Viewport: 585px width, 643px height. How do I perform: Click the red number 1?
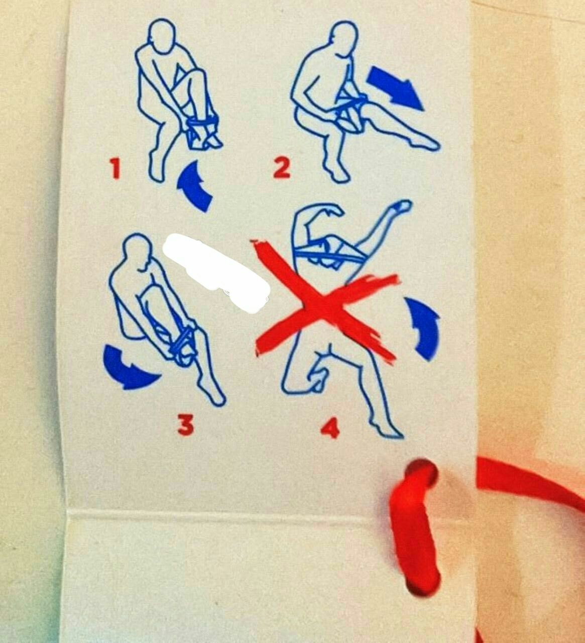[x=115, y=169]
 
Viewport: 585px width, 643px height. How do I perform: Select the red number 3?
[x=186, y=425]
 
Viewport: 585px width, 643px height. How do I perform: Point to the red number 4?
[x=330, y=428]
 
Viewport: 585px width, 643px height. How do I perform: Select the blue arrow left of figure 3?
[x=128, y=369]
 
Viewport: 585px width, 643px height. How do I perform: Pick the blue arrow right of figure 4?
[x=423, y=329]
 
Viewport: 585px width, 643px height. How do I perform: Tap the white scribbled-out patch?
[x=216, y=272]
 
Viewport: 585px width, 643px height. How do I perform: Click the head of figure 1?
[x=162, y=33]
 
